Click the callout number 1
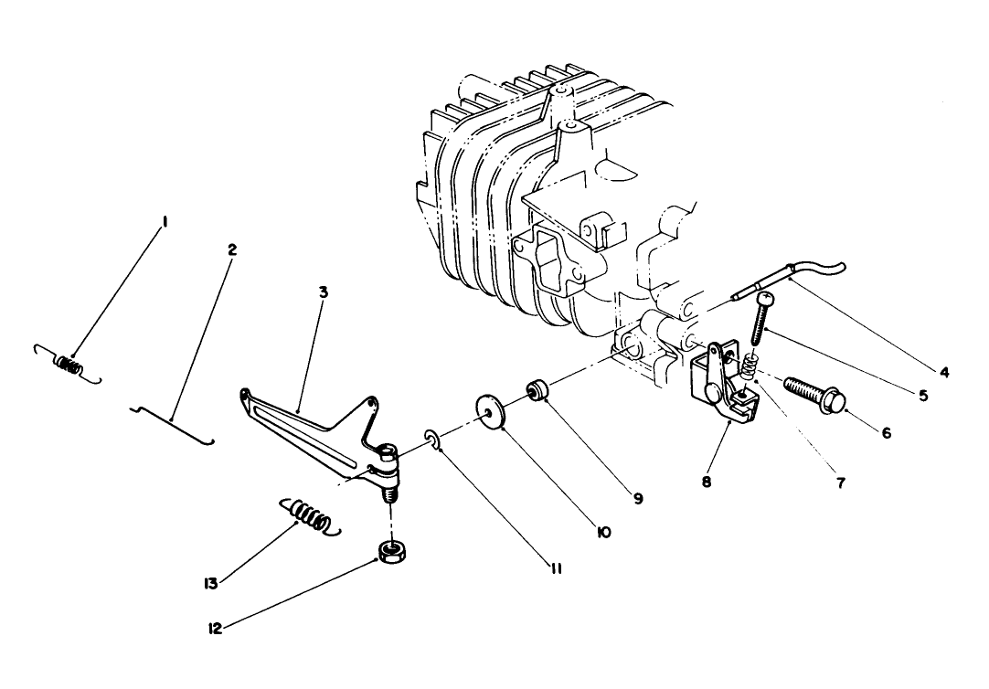pos(165,222)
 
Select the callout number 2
pos(231,249)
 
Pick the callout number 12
pos(217,628)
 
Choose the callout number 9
pos(637,498)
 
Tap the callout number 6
pos(887,432)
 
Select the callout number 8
pos(707,481)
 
